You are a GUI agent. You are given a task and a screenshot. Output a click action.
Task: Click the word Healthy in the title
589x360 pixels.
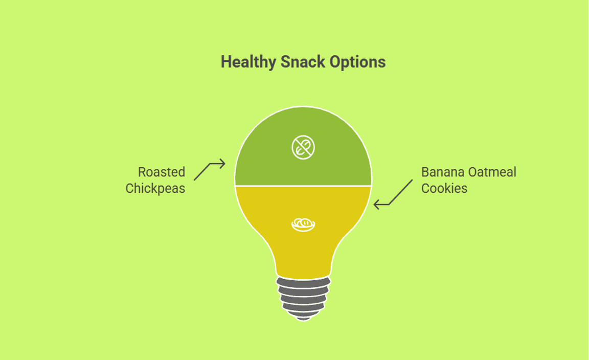click(248, 62)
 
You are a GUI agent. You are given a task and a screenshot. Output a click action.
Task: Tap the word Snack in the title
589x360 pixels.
click(303, 62)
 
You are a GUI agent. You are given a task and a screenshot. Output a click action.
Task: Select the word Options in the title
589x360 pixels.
click(357, 62)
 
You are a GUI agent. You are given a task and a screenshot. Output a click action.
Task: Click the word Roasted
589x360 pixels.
click(162, 172)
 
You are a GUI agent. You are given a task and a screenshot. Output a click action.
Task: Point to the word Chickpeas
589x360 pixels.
click(155, 188)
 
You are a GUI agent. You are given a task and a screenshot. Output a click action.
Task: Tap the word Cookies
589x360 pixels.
click(444, 188)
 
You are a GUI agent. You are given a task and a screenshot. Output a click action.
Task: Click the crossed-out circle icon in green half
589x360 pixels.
click(303, 147)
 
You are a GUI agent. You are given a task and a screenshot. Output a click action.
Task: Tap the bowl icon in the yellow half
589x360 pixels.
click(303, 224)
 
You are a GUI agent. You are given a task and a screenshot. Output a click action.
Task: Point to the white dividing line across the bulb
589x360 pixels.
click(303, 186)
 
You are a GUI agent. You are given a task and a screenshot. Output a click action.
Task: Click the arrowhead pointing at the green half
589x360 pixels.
click(222, 164)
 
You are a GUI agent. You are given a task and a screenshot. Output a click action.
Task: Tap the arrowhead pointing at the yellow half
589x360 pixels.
click(377, 205)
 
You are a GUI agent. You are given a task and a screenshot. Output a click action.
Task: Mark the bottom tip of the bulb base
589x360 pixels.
click(304, 321)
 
